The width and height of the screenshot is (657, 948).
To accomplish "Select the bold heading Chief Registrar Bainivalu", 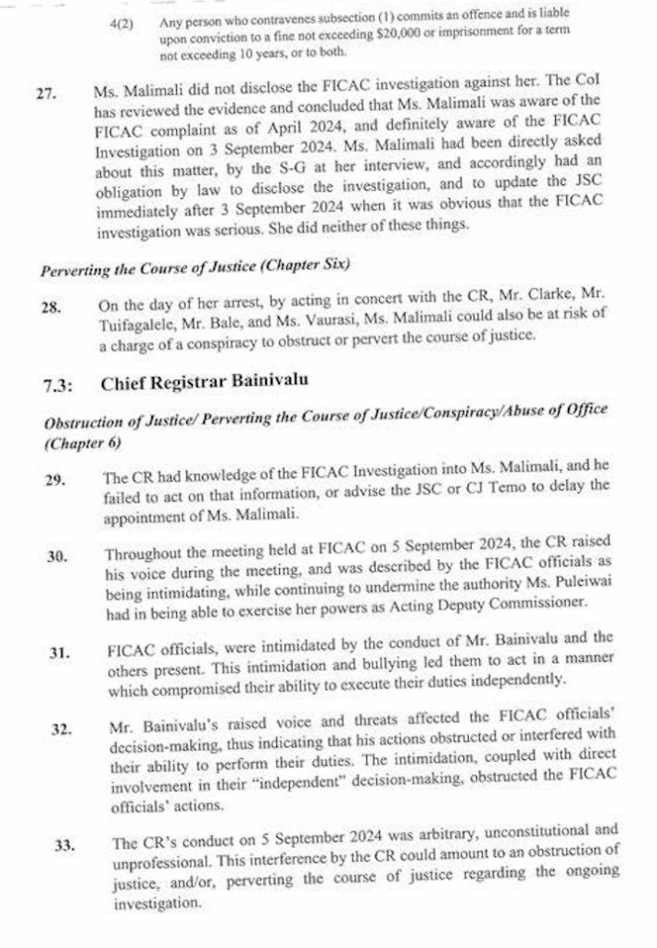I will coord(204,380).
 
